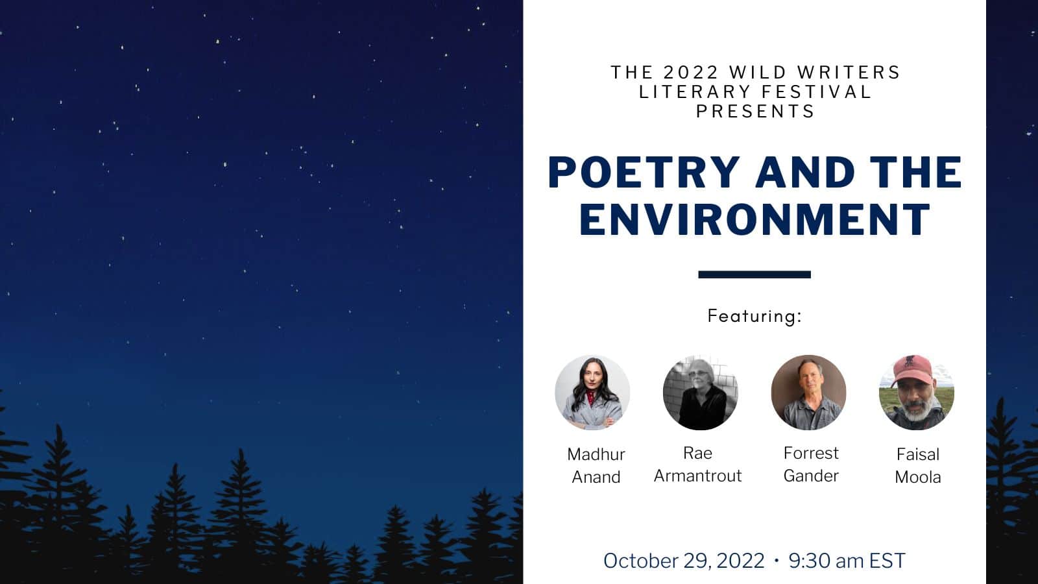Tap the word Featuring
coord(752,316)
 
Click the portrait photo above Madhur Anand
coord(592,393)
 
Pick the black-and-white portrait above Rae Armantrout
coord(700,393)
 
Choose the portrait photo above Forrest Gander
coord(808,393)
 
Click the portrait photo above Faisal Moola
coord(917,393)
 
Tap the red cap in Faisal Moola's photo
coord(912,370)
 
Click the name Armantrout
coord(698,476)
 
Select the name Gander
coord(811,476)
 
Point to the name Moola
coord(918,478)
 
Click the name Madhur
coord(596,454)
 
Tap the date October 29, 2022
coord(684,561)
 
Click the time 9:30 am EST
coord(847,561)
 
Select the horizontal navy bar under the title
coord(754,274)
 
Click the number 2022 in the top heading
coord(691,72)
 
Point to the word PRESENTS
coord(755,111)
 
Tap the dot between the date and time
coord(777,561)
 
